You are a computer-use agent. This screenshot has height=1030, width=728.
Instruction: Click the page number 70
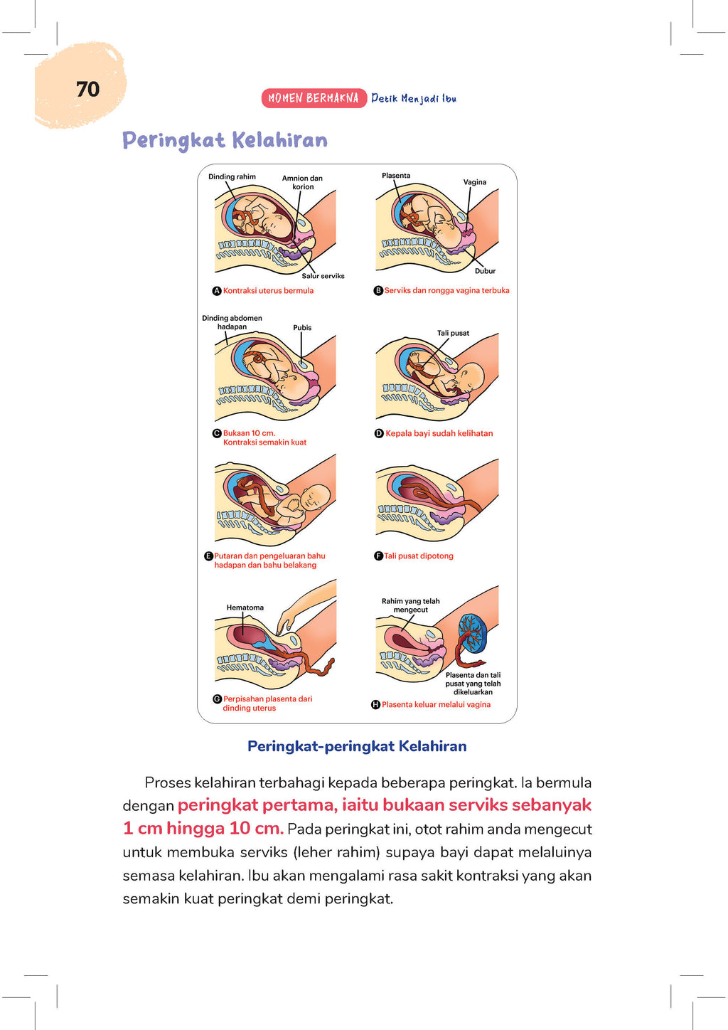[x=87, y=90]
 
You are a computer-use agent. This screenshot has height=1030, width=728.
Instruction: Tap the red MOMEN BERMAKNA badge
[x=314, y=98]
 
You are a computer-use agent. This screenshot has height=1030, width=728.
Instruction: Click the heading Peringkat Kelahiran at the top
[x=225, y=140]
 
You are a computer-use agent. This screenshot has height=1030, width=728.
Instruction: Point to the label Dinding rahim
[x=232, y=176]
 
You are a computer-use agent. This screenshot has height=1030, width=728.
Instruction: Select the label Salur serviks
[x=323, y=276]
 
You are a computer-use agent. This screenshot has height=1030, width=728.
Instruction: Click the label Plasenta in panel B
[x=396, y=176]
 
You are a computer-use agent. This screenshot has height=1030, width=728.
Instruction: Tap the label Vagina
[x=475, y=182]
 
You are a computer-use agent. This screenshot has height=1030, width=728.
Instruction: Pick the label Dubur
[x=485, y=271]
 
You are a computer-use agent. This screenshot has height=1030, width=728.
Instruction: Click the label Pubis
[x=302, y=328]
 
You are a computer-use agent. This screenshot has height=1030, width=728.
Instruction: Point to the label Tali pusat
[x=453, y=333]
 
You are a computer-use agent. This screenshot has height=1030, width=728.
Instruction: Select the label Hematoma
[x=245, y=607]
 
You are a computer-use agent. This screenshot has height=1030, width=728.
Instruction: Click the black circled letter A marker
[x=218, y=291]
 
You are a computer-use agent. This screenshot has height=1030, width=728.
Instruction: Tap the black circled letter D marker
[x=379, y=433]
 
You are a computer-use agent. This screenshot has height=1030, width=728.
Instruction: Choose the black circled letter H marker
[x=375, y=705]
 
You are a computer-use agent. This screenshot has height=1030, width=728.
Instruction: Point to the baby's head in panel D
[x=471, y=376]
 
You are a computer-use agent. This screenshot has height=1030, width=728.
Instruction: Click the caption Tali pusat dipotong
[x=419, y=556]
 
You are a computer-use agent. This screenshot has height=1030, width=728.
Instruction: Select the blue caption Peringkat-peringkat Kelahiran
[x=357, y=746]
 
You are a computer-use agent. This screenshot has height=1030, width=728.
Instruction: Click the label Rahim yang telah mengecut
[x=410, y=605]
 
